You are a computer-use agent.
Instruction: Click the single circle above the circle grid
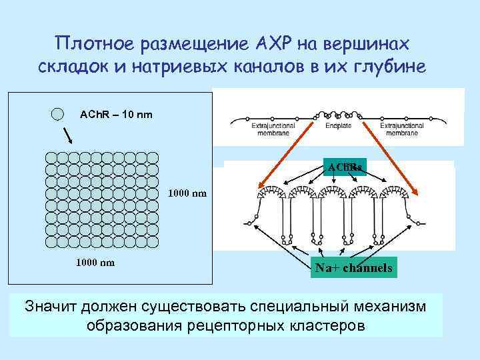point(58,114)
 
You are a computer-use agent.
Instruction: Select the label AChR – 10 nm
point(116,115)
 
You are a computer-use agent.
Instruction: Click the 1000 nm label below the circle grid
point(95,262)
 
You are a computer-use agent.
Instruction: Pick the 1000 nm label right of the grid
point(187,194)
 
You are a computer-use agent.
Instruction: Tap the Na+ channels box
point(353,267)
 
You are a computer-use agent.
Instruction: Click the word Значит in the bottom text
point(50,307)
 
